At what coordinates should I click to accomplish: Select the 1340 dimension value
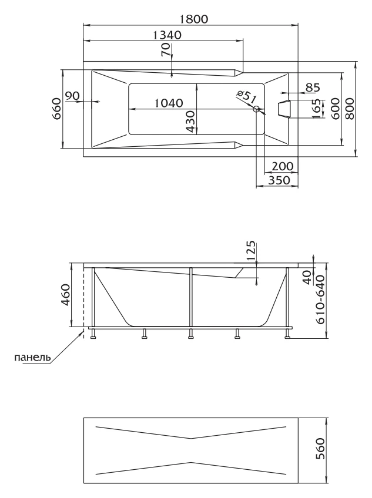pos(167,35)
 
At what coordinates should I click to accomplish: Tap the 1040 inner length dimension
pos(169,103)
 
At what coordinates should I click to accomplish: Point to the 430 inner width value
pos(190,122)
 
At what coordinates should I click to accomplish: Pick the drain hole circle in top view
pos(256,109)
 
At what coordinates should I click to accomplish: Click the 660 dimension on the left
pos(56,109)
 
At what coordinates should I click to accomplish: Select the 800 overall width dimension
pos(350,109)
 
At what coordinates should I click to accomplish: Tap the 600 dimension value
pos(335,109)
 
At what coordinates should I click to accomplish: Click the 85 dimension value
pos(312,88)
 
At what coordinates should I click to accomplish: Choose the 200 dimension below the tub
pos(283,166)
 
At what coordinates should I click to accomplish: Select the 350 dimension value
pos(279,180)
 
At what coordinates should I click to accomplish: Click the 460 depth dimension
pos(65,295)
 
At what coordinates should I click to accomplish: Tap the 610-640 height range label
pos(320,299)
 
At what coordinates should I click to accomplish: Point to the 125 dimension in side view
pos(251,250)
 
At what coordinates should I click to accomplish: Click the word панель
pos(32,357)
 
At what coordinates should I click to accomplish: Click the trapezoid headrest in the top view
pos(284,109)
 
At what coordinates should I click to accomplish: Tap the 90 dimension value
pos(72,96)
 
